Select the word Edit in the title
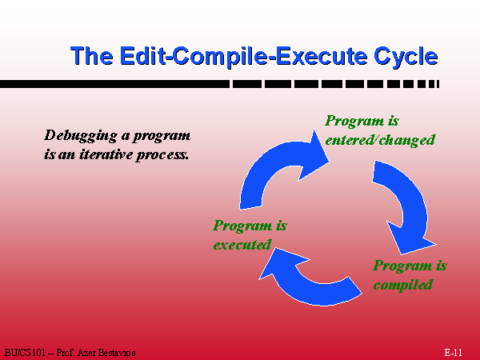(x=142, y=55)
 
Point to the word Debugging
(x=81, y=136)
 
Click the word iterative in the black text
(x=106, y=154)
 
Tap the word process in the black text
(x=162, y=155)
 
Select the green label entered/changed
(x=380, y=140)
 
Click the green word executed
(x=242, y=245)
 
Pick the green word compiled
(x=403, y=285)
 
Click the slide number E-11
(x=453, y=352)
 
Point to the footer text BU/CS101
(x=25, y=353)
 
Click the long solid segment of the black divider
(x=114, y=84)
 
